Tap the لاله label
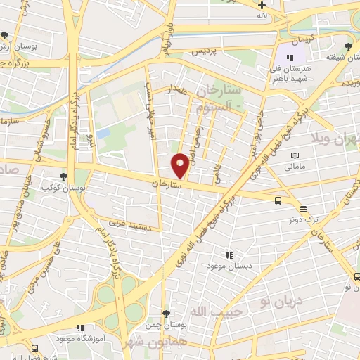coord(262,15)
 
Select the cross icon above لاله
coord(262,5)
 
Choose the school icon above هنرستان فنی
coord(290,59)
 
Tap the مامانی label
coord(295,167)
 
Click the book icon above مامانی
coord(295,156)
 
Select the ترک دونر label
coord(302,219)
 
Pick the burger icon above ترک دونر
coord(303,208)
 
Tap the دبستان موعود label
coord(224,266)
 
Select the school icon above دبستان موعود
coord(228,255)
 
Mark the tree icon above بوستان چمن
coord(165,314)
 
